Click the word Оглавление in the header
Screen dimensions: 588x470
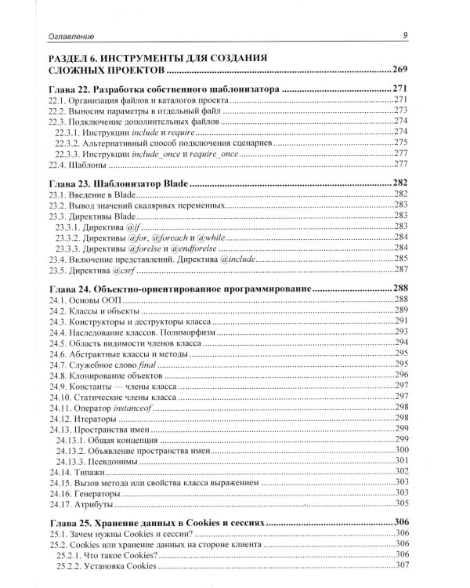coord(72,35)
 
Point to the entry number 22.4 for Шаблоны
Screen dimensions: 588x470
coord(59,164)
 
